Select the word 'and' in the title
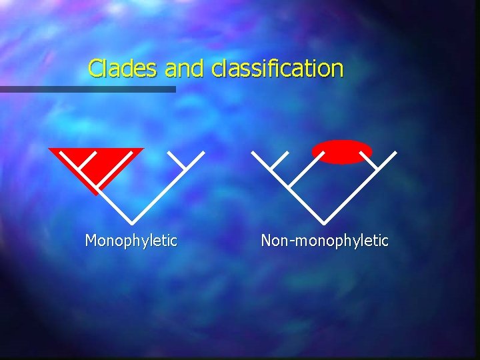[x=185, y=68]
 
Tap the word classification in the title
[x=277, y=68]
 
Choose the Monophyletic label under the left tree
[x=131, y=240]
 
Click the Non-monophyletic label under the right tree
[x=325, y=240]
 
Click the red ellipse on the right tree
[x=342, y=152]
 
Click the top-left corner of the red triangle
[x=49, y=149]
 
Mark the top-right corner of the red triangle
[x=143, y=149]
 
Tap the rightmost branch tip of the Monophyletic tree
[x=203, y=152]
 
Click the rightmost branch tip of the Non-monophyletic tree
[x=396, y=152]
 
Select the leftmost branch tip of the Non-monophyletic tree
[x=251, y=152]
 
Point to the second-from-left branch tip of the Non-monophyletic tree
[x=288, y=152]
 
